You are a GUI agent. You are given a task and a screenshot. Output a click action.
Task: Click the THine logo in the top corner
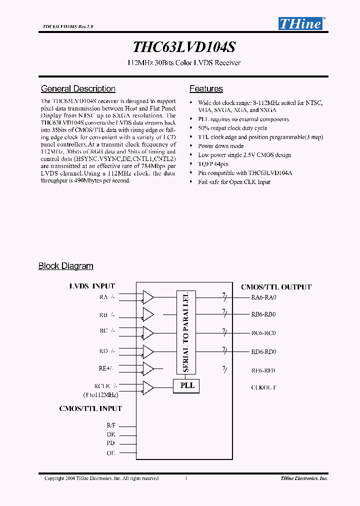300,23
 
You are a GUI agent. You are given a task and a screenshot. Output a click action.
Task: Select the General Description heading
78,89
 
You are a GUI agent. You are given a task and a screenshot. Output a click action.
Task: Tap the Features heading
206,89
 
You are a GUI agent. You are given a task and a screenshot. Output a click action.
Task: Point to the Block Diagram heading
66,266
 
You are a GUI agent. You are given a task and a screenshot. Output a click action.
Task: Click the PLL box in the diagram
186,386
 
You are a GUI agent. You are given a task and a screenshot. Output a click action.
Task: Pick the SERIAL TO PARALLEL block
186,332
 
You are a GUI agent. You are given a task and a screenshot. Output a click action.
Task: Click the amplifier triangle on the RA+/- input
148,297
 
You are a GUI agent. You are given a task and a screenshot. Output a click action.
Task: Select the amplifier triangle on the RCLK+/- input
148,387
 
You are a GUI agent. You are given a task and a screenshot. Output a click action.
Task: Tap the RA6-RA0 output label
263,297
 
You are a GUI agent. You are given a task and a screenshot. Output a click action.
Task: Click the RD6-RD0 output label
263,352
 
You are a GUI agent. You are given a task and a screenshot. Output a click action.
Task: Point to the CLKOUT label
263,387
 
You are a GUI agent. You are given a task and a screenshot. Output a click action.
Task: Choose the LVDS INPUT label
92,286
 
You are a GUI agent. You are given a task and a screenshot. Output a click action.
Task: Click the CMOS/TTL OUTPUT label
276,287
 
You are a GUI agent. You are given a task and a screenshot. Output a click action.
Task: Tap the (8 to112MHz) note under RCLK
100,395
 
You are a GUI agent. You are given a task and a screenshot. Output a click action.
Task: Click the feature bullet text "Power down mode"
220,146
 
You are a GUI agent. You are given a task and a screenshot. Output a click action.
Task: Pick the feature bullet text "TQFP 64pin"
214,164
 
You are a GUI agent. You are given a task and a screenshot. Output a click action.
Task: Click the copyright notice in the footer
101,478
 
